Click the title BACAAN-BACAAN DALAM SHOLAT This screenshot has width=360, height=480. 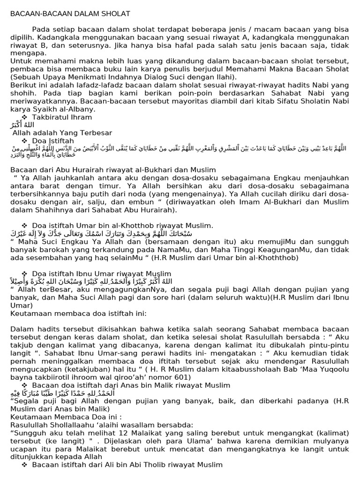coord(70,14)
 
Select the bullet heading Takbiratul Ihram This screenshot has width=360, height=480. coord(62,117)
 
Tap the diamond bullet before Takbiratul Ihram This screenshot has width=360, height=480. coord(24,117)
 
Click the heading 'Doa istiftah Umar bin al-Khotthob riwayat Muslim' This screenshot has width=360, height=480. coord(122,225)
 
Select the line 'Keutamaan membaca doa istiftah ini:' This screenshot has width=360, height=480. coord(78,313)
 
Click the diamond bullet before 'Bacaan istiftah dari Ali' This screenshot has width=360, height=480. coord(24,465)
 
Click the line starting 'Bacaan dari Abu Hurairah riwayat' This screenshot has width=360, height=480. coord(113,170)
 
